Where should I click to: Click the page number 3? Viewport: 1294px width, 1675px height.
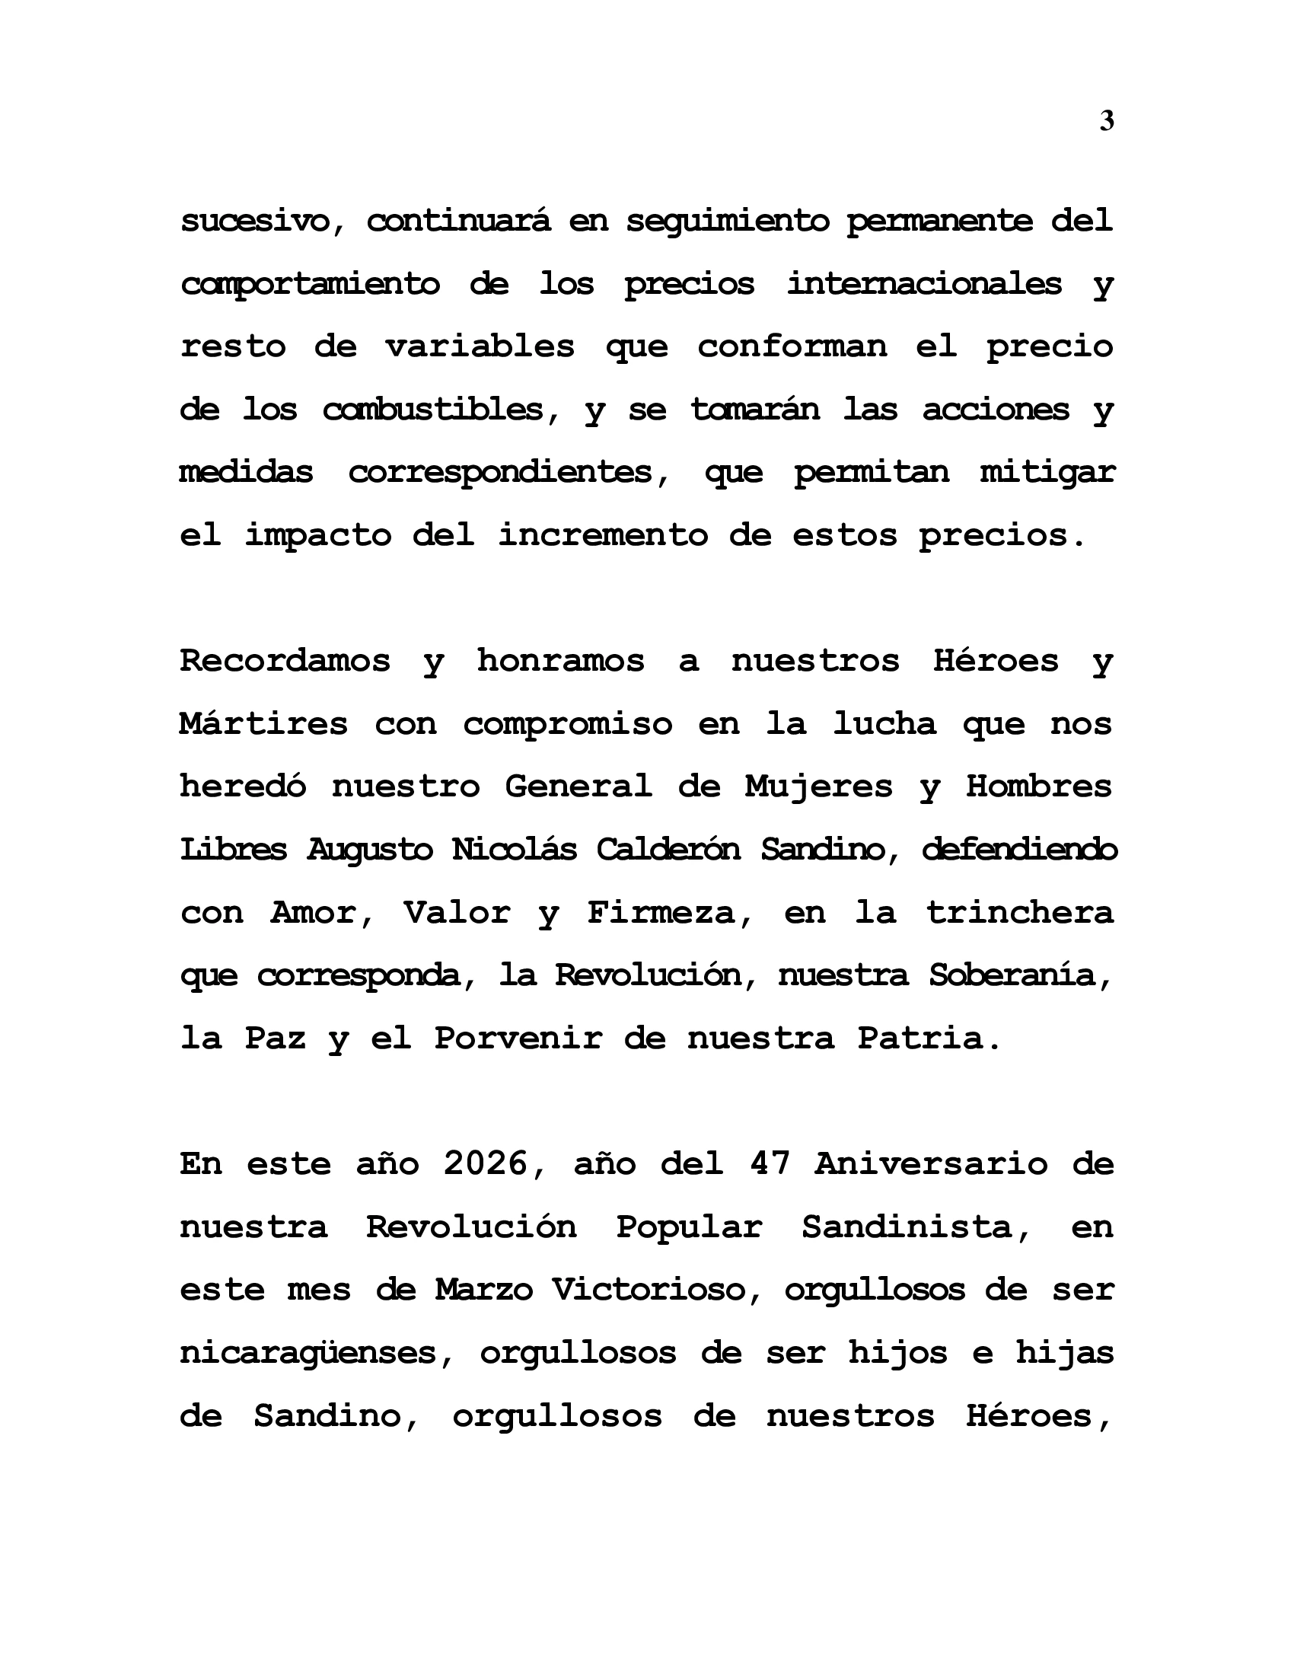point(1106,121)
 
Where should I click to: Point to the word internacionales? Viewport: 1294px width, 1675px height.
point(924,285)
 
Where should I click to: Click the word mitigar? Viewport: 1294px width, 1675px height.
point(1047,474)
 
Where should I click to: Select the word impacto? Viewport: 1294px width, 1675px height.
point(318,536)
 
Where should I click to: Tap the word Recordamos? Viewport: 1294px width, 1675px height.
point(285,661)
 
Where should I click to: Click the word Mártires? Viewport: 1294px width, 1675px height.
point(263,724)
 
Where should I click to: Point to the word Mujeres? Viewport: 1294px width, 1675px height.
point(819,788)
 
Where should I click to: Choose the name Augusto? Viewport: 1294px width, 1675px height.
point(370,850)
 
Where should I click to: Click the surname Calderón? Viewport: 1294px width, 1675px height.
point(668,850)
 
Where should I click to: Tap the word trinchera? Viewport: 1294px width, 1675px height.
point(1019,913)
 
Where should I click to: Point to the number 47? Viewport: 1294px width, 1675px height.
point(770,1164)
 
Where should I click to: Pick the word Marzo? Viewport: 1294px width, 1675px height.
point(483,1290)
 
